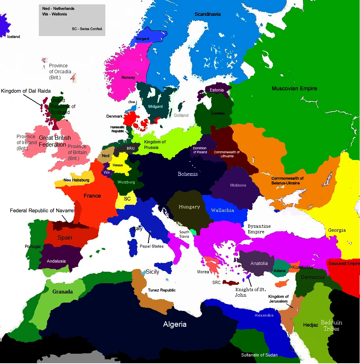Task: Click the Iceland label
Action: click(13, 37)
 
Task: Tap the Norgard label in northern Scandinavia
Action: click(143, 39)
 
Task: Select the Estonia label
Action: click(217, 90)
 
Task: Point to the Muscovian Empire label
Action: click(294, 88)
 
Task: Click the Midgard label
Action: click(155, 107)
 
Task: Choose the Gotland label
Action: click(181, 115)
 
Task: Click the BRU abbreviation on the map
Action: click(131, 148)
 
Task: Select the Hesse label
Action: click(118, 165)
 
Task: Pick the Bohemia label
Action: click(188, 174)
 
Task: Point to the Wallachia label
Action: click(222, 210)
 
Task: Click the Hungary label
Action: click(189, 207)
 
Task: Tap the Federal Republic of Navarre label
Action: click(42, 211)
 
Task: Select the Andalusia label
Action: click(56, 261)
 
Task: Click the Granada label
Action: click(63, 292)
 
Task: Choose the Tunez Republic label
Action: click(162, 290)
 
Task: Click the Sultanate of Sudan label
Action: click(259, 355)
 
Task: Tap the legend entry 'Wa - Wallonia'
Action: click(55, 14)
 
